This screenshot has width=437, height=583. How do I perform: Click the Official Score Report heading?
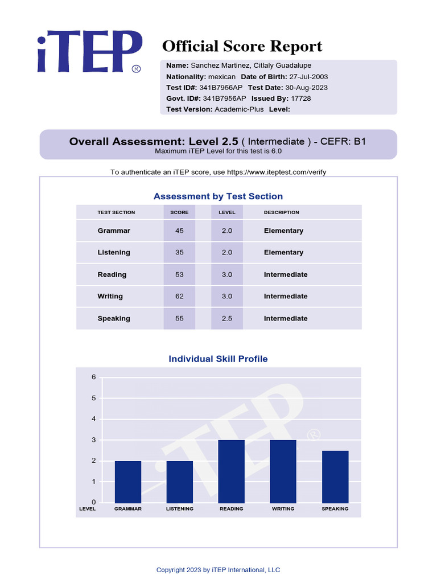242,47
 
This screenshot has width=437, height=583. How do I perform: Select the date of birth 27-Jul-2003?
308,77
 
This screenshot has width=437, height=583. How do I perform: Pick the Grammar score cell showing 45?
179,231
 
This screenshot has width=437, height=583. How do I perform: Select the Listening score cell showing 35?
179,253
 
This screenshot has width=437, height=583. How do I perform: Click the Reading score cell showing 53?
179,275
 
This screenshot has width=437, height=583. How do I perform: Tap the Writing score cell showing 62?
179,297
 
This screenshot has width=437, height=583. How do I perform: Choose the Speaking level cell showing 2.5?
226,319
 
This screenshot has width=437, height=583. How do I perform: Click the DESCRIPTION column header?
281,212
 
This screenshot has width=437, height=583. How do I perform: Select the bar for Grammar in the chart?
128,482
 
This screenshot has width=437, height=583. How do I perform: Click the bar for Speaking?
335,477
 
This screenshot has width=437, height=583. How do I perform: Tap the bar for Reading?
231,471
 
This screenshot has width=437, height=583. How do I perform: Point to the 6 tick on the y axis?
94,377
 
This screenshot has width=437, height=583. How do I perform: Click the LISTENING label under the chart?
180,509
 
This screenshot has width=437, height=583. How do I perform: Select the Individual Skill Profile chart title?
218,359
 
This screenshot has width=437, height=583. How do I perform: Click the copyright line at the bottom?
218,570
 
